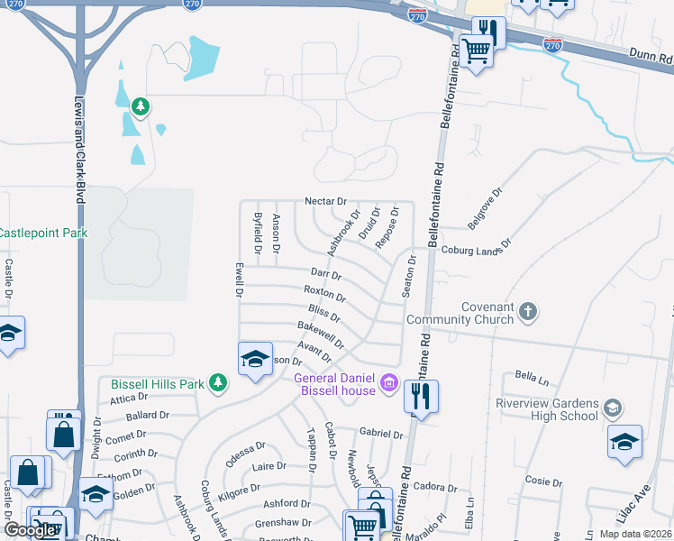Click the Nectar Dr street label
pos(325,200)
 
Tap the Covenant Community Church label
pos(460,313)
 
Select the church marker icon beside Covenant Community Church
pos(528,312)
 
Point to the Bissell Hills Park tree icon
pos(216,383)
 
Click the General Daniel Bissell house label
pos(333,383)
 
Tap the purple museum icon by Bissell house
pos(389,383)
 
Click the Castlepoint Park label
pos(41,233)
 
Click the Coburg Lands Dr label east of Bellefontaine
pos(476,248)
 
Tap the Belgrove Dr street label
pos(484,208)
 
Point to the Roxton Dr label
pos(324,293)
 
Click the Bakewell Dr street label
pos(321,334)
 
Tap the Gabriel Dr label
pos(380,434)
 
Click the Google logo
pos(30,529)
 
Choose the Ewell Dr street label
pos(239,280)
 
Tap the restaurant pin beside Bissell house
pos(421,395)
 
